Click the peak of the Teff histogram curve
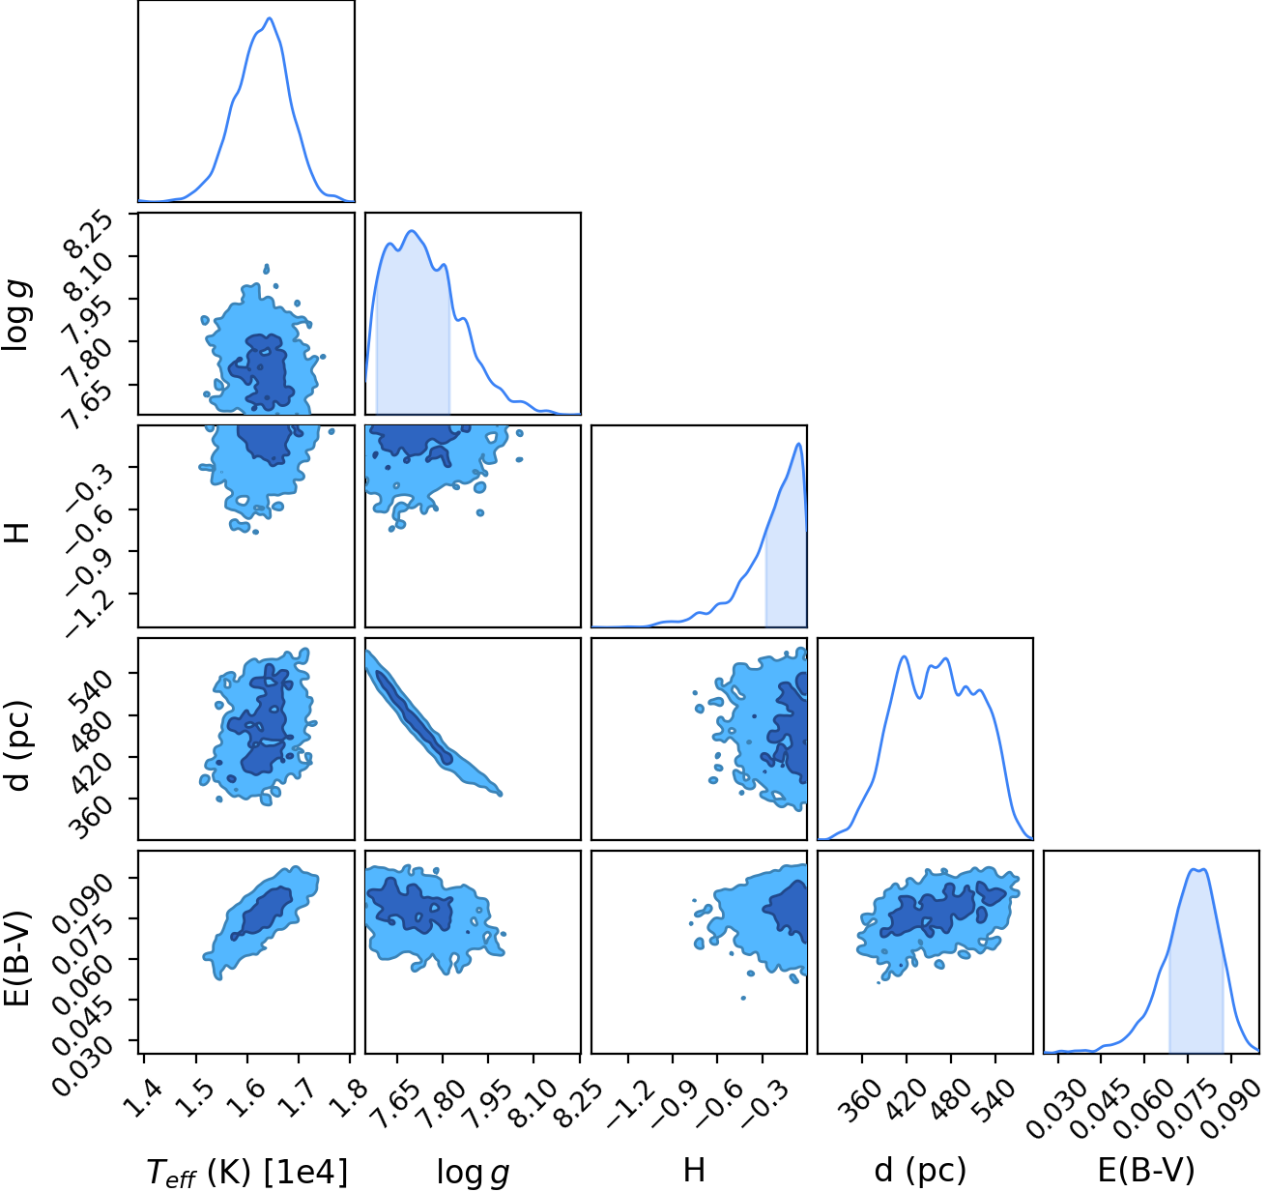270,18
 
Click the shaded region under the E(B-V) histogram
1196,984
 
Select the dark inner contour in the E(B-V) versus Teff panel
262,913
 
